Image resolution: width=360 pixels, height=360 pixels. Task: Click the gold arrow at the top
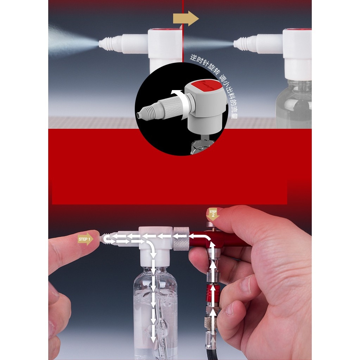(x=186, y=18)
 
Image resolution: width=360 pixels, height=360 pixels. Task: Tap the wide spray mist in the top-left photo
(x=69, y=40)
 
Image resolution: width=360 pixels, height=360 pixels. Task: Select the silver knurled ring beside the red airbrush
(x=181, y=239)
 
